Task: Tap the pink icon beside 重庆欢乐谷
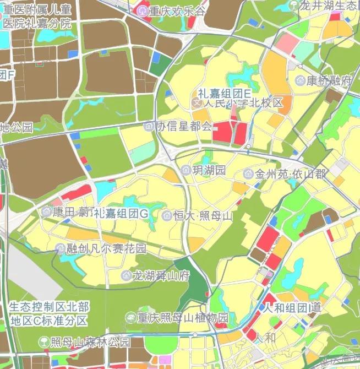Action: click(144, 11)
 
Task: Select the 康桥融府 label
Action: click(329, 80)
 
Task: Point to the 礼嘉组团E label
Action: click(225, 93)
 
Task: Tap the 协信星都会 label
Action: click(184, 126)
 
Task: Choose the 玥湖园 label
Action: click(209, 170)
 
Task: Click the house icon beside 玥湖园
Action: click(186, 170)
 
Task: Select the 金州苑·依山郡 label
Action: click(291, 174)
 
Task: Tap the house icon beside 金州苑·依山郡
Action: click(248, 174)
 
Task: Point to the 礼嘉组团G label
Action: click(121, 213)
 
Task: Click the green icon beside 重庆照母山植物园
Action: click(130, 318)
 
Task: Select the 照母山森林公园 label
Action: click(90, 342)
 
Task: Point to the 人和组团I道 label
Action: click(292, 307)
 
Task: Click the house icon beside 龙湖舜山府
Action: click(126, 275)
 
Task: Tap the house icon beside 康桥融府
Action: click(300, 80)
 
